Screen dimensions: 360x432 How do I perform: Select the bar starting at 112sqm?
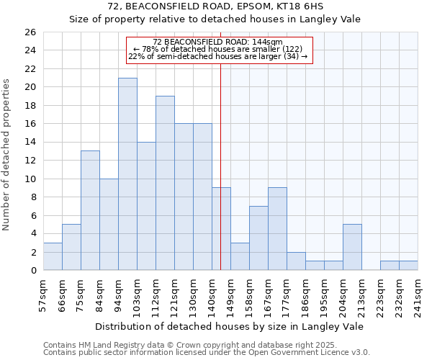[x=165, y=183]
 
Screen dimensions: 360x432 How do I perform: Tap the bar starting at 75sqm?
[x=90, y=210]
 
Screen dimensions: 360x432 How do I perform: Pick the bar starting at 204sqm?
[x=352, y=247]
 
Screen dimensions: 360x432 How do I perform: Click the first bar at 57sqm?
[x=53, y=256]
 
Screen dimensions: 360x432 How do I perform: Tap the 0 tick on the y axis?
[x=33, y=271]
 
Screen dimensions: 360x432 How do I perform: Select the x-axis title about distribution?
[x=229, y=327]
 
